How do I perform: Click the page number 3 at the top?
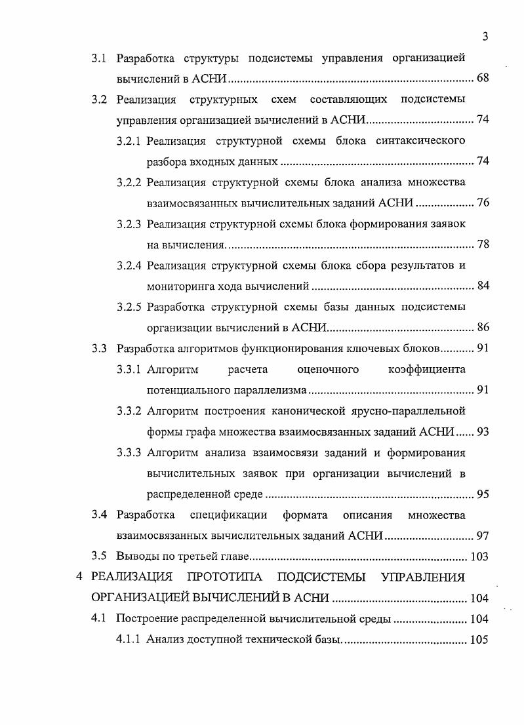485,37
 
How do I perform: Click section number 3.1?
99,58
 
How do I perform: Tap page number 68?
483,79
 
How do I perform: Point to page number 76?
483,203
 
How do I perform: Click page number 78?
483,245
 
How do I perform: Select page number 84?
483,286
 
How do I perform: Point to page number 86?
483,328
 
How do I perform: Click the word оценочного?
328,370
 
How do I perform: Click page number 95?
483,494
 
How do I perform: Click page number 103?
480,557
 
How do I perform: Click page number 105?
480,640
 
